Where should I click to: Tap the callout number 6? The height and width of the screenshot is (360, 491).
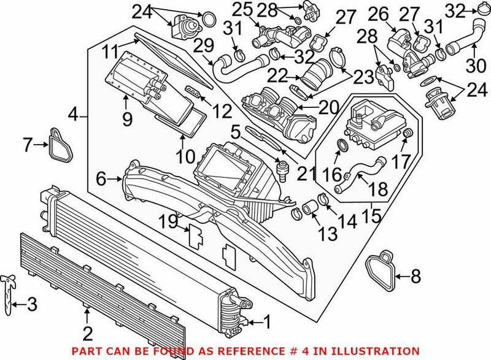point(101,179)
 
